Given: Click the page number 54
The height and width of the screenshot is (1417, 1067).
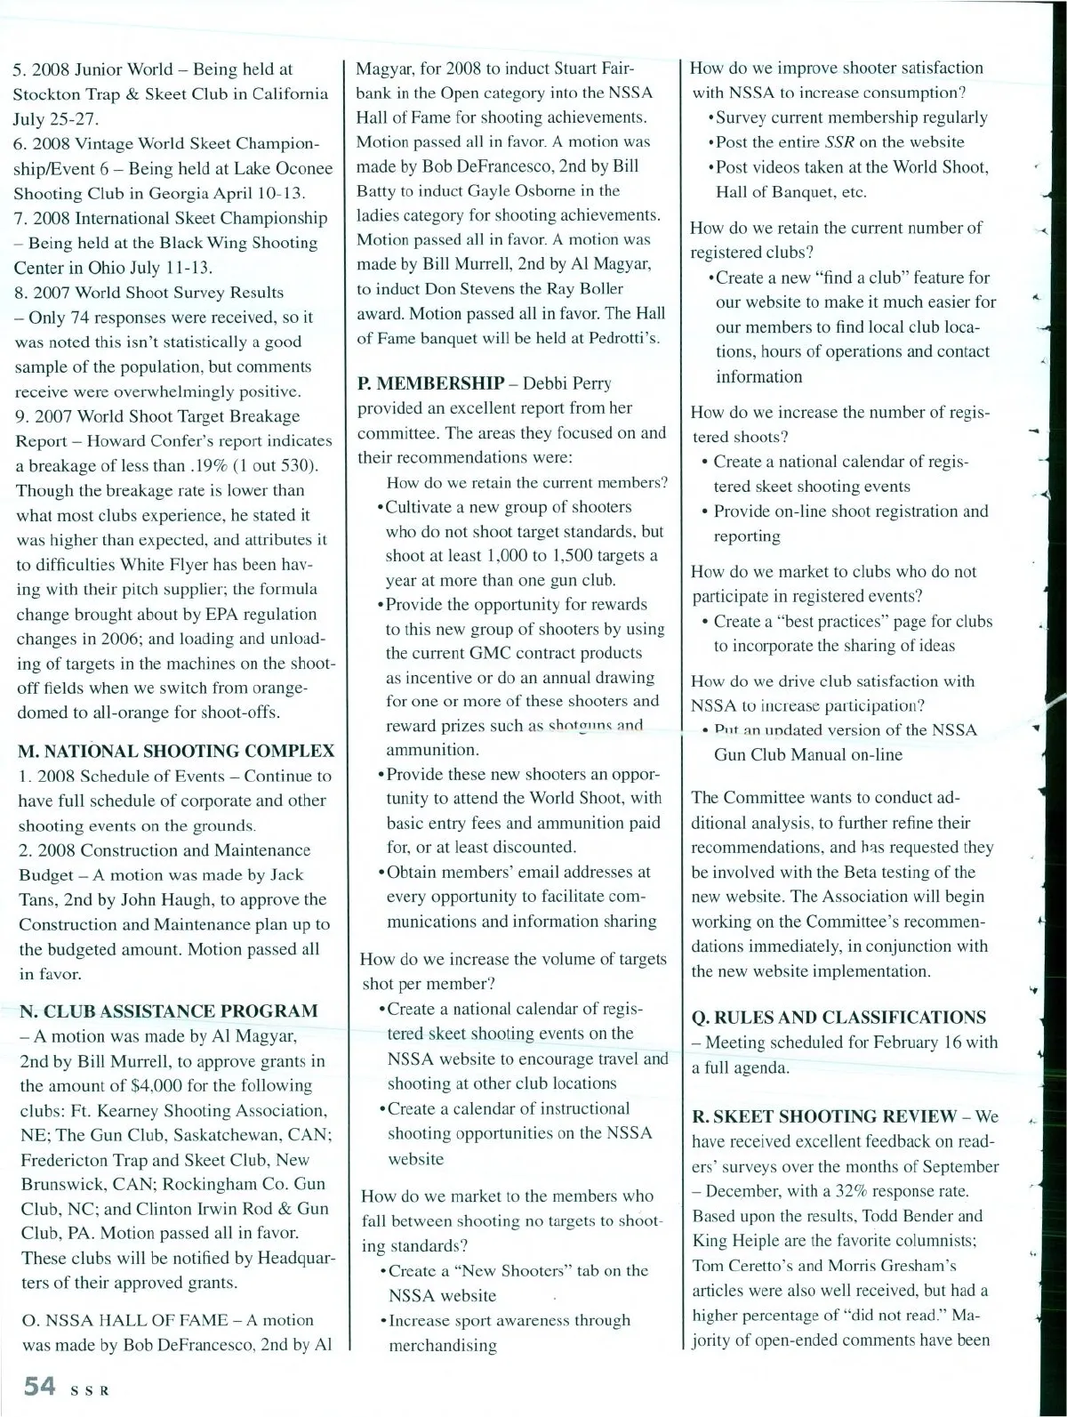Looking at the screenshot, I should point(40,1386).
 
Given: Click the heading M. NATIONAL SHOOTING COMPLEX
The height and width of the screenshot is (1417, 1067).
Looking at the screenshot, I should point(176,750).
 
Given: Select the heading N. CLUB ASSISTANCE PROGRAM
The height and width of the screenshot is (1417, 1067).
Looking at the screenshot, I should point(169,1010).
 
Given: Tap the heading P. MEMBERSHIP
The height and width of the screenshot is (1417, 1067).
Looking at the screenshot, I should point(429,383).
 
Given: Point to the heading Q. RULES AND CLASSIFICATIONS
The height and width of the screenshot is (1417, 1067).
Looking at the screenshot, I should point(838,1017).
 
